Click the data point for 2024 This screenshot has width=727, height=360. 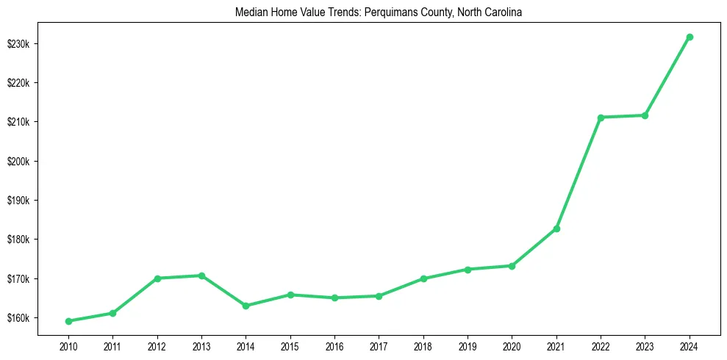coord(690,37)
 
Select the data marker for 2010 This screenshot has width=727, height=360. coord(68,321)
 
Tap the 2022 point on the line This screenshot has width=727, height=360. coord(601,118)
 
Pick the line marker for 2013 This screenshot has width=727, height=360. coord(201,276)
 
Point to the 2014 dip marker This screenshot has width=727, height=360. coord(246,306)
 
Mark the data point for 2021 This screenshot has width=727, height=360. coord(556,228)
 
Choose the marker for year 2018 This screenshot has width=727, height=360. coord(423,278)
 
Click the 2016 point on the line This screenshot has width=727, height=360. coord(334,298)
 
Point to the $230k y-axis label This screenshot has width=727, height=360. coord(18,43)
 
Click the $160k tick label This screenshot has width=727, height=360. coord(18,318)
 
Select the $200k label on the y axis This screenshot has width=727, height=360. coord(18,161)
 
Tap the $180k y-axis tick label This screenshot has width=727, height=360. coord(18,240)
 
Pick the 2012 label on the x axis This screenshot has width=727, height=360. coord(157,345)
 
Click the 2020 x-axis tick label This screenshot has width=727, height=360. coord(512,345)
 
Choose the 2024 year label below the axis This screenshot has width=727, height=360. coord(690,345)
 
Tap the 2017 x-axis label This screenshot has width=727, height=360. coord(379,345)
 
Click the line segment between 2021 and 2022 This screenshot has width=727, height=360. coord(579,173)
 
